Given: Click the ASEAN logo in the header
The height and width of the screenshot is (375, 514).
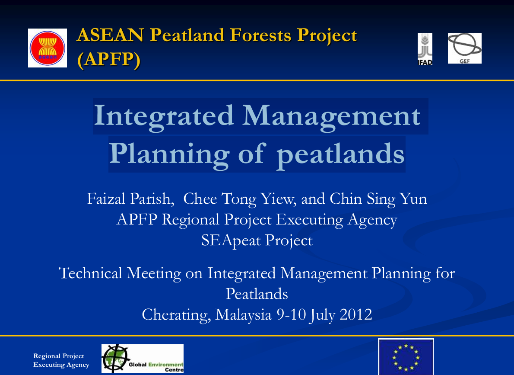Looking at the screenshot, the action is click(x=48, y=48).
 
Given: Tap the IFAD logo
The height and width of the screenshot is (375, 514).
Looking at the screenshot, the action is click(x=425, y=49).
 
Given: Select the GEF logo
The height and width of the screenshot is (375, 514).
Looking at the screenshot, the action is click(x=464, y=48).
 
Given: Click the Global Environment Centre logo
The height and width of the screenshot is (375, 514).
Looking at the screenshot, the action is click(x=143, y=359).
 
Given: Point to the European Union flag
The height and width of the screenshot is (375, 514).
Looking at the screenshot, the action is click(x=406, y=357).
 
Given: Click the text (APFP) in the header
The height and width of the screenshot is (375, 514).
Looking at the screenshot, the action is click(x=109, y=60).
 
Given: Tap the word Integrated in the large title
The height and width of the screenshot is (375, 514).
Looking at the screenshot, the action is click(x=164, y=116).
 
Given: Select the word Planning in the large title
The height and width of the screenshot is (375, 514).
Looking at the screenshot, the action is click(x=169, y=154).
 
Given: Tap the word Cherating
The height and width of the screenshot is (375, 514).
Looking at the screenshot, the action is click(x=176, y=315).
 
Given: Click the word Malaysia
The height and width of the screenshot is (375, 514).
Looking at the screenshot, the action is click(x=244, y=315).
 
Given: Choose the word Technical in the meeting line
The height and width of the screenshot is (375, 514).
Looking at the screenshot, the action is click(x=90, y=273).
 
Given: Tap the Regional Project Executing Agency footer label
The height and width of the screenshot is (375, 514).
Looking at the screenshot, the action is click(x=61, y=360).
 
